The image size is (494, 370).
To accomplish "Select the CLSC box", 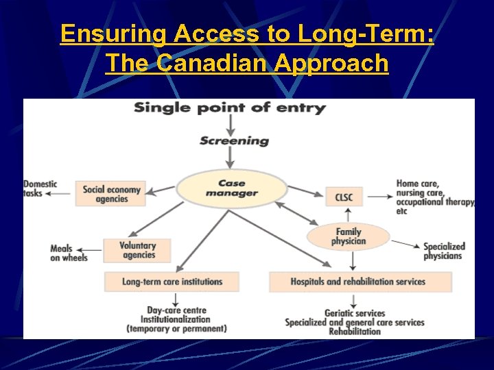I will pyautogui.click(x=344, y=197).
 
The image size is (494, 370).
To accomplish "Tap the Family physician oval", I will pyautogui.click(x=348, y=236).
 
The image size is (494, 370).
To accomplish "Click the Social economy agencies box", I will pyautogui.click(x=111, y=194).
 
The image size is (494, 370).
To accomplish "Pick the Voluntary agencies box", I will pyautogui.click(x=137, y=251).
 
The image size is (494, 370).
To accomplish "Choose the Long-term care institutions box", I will pyautogui.click(x=172, y=282).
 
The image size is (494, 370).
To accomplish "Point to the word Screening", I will pyautogui.click(x=234, y=141).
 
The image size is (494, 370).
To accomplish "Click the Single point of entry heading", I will pyautogui.click(x=229, y=108).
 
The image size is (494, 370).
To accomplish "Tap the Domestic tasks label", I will pyautogui.click(x=40, y=188).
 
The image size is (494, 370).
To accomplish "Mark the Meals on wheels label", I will pyautogui.click(x=69, y=253).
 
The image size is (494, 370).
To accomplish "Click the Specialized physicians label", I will pyautogui.click(x=443, y=251).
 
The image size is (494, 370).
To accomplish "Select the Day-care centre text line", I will pyautogui.click(x=176, y=310).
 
